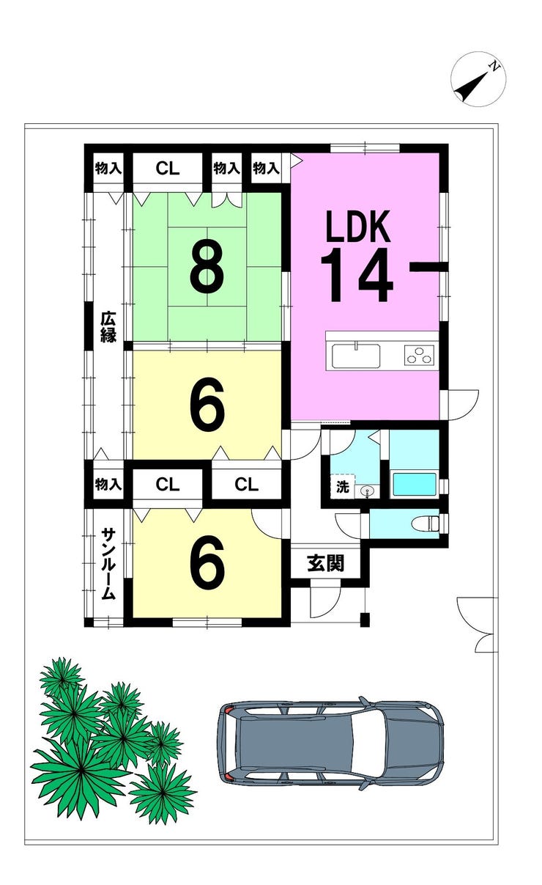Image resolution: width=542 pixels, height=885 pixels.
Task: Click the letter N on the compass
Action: click(493, 67)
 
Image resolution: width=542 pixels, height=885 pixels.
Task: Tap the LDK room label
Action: click(357, 227)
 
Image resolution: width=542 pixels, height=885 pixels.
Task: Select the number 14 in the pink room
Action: click(357, 275)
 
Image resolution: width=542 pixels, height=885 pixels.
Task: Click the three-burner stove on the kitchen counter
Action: click(419, 354)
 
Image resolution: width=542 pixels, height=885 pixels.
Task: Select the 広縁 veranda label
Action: click(108, 327)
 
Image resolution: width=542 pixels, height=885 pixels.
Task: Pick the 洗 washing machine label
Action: click(342, 488)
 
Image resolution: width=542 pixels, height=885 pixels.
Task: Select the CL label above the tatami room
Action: click(168, 169)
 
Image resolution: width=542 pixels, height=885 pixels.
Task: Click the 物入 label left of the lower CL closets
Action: click(108, 484)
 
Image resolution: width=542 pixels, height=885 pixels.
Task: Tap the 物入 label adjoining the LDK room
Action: click(266, 169)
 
